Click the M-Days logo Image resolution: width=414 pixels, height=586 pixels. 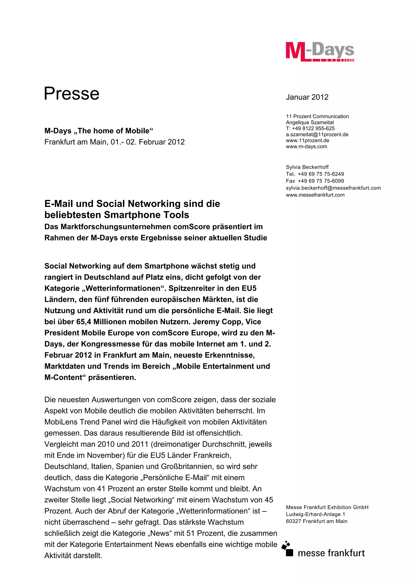coord(320,52)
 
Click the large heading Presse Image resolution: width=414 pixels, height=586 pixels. coord(72,93)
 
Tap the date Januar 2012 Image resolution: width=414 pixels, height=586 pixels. coord(307,97)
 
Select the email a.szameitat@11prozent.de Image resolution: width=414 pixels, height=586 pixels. coord(317,134)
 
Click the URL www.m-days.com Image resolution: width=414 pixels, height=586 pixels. coord(306,146)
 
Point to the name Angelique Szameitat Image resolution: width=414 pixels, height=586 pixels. coord(310,123)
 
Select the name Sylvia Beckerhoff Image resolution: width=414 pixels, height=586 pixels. coord(307,167)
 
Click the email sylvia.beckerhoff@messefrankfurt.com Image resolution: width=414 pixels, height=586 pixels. coord(333,188)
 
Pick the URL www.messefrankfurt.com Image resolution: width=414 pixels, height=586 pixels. coord(315,195)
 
